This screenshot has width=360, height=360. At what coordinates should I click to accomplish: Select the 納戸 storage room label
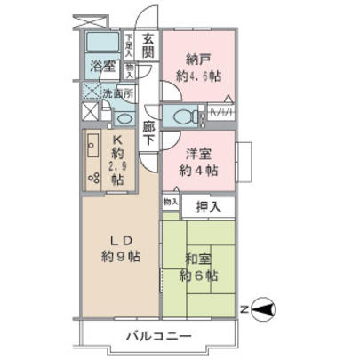click(197, 60)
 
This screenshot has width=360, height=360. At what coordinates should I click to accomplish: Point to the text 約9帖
click(120, 258)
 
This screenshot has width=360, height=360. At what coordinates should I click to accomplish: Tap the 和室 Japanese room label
click(197, 260)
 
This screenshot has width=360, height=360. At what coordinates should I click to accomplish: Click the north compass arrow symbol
click(264, 309)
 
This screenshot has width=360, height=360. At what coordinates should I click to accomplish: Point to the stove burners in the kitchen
click(93, 175)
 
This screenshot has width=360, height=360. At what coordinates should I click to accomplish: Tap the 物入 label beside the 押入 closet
click(170, 203)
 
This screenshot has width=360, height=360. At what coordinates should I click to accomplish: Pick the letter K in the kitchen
click(116, 139)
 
